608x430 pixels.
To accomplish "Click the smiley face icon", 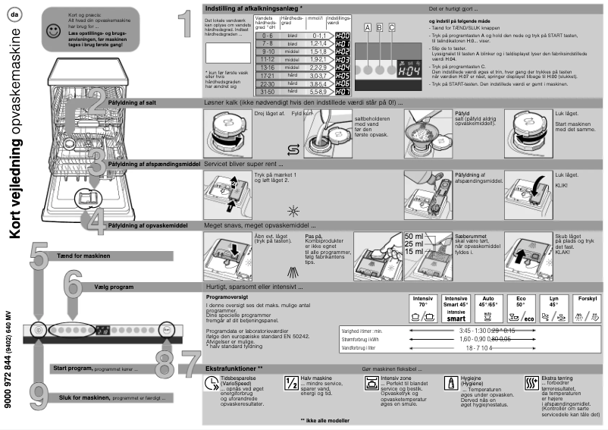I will pos(52,31).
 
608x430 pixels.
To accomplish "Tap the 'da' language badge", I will pos(16,13).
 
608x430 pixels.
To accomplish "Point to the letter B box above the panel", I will pos(380,27).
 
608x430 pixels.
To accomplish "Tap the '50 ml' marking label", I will pos(414,236).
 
